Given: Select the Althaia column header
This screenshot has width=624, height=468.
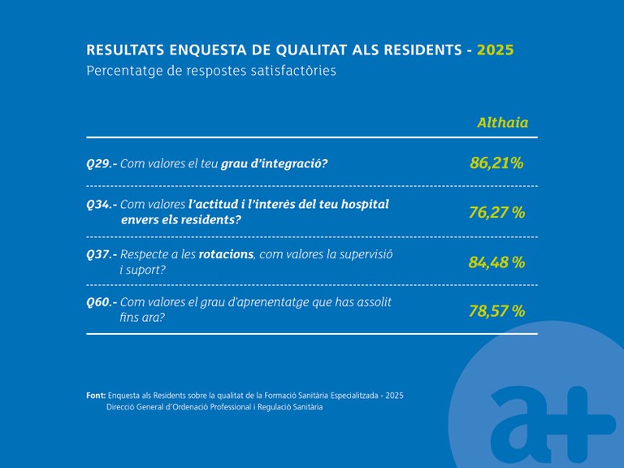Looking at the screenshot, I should [x=502, y=123].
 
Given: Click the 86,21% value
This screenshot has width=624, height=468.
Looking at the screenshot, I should [x=496, y=163].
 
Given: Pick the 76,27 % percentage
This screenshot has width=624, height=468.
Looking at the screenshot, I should [x=496, y=213].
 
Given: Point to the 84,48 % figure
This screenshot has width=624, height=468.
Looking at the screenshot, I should [x=496, y=262].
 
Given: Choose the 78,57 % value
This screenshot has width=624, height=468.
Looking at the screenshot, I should [x=496, y=310].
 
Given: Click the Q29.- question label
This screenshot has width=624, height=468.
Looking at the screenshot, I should [x=102, y=164].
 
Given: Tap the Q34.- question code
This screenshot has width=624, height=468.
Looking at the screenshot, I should [x=102, y=205].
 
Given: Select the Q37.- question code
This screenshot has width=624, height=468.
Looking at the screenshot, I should [x=102, y=254].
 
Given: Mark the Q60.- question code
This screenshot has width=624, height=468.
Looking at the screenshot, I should [x=102, y=302].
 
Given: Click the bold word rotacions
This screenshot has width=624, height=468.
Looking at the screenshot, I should [x=227, y=254].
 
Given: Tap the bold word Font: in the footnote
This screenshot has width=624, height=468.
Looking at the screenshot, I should [x=95, y=395].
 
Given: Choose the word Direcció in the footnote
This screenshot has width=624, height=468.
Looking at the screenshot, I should [x=122, y=407].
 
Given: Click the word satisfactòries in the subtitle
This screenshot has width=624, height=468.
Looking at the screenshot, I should [x=296, y=71].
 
